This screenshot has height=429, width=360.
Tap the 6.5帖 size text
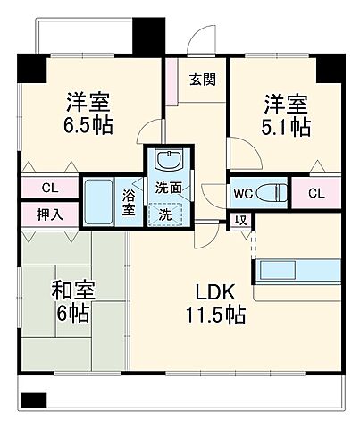[x=87, y=126]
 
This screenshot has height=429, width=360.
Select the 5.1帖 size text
[x=287, y=127]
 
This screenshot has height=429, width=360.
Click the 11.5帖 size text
[x=217, y=315]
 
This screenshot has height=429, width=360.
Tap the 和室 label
[x=73, y=291]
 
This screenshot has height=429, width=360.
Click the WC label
[x=242, y=191]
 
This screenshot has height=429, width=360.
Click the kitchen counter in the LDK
[x=298, y=270]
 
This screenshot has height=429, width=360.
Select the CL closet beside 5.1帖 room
[x=316, y=192]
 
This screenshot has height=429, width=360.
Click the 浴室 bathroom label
[x=130, y=202]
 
